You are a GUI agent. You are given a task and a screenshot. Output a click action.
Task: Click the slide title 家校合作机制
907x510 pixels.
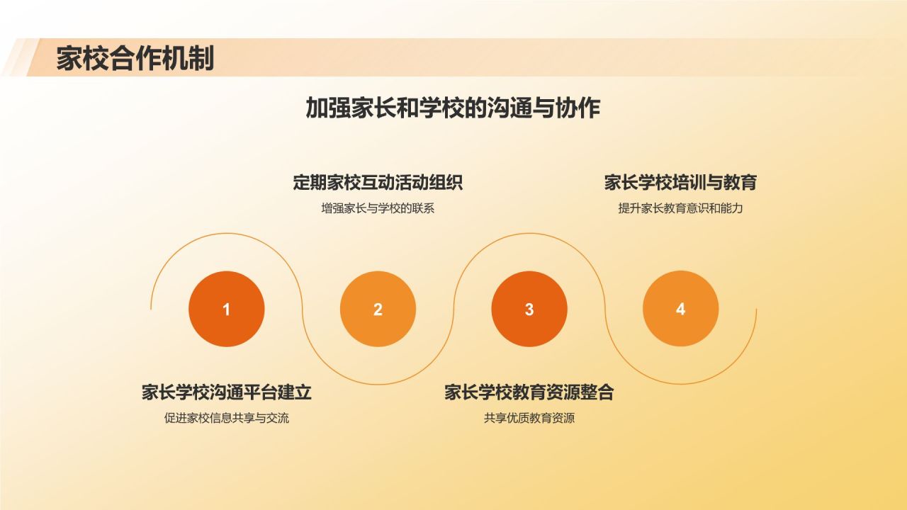[x=135, y=59]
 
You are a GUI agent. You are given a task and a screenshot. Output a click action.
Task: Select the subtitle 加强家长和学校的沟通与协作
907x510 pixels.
[x=453, y=108]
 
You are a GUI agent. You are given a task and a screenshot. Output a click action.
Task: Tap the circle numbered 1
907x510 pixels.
[x=227, y=309]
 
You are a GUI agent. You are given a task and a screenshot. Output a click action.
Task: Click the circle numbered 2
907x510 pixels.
[x=378, y=309]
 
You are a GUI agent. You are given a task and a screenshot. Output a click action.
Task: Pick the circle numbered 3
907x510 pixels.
[x=529, y=309]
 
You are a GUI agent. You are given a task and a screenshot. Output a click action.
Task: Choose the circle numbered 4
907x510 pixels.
[x=680, y=309]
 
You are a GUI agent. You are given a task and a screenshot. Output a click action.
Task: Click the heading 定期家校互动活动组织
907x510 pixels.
[x=378, y=183]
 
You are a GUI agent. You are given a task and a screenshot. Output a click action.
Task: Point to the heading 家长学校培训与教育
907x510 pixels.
[x=680, y=183]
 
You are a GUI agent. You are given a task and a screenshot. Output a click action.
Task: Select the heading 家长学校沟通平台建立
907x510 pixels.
[x=227, y=392]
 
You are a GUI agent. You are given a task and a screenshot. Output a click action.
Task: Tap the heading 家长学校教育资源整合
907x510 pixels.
[x=529, y=392]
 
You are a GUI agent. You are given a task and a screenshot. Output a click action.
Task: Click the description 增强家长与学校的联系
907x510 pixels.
[x=378, y=208]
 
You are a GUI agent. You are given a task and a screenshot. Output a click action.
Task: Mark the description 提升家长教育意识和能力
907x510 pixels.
[x=680, y=208]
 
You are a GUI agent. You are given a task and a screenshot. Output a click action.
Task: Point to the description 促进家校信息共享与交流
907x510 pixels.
[x=227, y=418]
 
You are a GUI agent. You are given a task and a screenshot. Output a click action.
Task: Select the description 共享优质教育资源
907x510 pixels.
[x=529, y=418]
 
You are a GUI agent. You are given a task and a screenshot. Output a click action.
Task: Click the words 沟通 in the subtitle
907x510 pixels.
[x=508, y=108]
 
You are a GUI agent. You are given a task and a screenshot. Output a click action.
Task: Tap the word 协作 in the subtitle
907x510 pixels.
[x=582, y=108]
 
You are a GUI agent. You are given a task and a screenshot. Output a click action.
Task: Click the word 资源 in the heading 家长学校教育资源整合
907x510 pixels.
[x=563, y=392]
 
